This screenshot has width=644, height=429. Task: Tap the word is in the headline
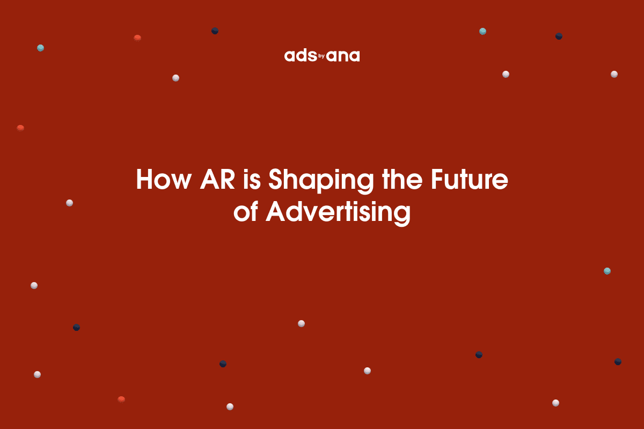[x=254, y=180]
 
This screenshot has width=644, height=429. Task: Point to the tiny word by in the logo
[x=322, y=55]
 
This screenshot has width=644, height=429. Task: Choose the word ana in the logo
[x=343, y=56]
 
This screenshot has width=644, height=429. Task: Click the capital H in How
[x=145, y=180]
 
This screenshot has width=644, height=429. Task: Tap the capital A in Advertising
[x=276, y=212]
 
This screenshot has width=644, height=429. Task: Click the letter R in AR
[x=225, y=180]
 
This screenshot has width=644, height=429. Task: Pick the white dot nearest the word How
[x=69, y=203]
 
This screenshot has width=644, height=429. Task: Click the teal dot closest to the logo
[x=482, y=31]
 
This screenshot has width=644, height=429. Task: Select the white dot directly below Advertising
[x=301, y=323]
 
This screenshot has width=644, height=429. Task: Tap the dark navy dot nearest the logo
[x=215, y=31]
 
